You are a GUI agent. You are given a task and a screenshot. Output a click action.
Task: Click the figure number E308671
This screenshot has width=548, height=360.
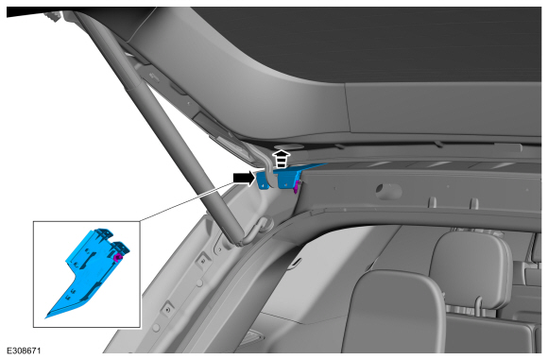(24, 351)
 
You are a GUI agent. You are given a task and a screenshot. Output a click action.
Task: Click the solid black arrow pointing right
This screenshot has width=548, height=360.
(245, 178)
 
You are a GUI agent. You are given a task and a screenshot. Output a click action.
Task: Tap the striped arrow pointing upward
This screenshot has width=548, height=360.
(282, 159)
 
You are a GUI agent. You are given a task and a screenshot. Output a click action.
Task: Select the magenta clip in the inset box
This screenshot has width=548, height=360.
(117, 258)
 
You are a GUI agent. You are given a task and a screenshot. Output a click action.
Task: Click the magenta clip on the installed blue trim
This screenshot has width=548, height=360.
(296, 187)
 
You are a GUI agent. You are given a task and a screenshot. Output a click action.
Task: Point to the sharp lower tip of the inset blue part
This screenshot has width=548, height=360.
(45, 317)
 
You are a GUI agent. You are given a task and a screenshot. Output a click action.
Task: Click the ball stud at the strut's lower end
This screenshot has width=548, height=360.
(265, 225)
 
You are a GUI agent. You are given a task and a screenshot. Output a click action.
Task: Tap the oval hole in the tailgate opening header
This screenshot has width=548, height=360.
(388, 191)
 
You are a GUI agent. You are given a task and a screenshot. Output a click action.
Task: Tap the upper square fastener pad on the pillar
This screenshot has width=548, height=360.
(203, 260)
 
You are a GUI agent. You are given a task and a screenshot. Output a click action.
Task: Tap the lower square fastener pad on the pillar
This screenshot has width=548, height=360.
(168, 309)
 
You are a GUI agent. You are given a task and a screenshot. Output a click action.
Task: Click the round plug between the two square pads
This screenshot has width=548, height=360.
(198, 283)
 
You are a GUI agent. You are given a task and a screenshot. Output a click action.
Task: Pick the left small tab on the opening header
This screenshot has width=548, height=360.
(433, 203)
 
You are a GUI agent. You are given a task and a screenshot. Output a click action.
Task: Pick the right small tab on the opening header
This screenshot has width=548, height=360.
(474, 203)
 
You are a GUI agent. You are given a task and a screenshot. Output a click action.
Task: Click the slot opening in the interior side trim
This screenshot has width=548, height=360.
(296, 263)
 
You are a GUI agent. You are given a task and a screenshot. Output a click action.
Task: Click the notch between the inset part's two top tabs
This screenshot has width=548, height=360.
(111, 239)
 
